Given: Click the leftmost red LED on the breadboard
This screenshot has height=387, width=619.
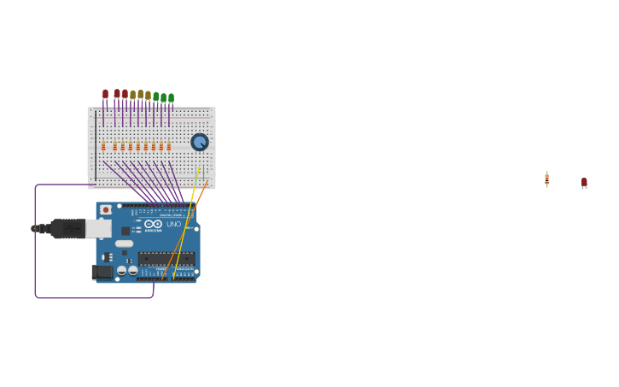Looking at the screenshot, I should coord(105,93).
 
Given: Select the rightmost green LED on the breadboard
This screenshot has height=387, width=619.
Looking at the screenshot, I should coord(171,97).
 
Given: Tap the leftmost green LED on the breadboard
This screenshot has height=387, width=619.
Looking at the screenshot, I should coord(155,97).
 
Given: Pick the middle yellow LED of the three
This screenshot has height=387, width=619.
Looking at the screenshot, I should coord(140,95).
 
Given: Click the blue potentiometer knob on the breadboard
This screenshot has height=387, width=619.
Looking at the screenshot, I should coord(199,142).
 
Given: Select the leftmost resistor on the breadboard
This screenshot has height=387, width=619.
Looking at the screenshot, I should coord(103,146).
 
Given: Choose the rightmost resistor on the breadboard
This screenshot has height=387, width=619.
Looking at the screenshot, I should coord(169,146).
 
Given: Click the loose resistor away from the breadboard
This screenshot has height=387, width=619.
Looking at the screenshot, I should coord(546,179).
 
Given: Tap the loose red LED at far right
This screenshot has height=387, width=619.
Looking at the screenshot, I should coord(584,182).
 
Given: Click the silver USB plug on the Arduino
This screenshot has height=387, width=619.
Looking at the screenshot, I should coord(98,228).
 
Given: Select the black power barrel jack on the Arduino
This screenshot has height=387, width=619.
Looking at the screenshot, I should coord(102,272).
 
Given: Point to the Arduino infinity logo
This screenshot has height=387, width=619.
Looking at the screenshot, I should coord(153,224).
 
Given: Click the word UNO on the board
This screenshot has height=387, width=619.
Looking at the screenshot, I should coord(173,224).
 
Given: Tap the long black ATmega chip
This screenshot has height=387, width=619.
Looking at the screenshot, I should coord(166,258).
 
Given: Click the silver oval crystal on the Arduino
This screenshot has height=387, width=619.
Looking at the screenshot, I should coord(125,243).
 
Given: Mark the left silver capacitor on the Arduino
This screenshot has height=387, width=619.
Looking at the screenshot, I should coord(122,270).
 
